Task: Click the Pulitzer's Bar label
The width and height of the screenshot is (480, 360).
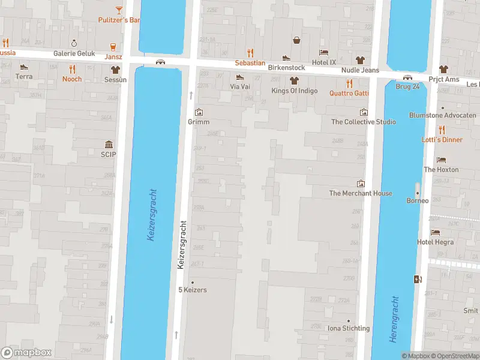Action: (x=119, y=20)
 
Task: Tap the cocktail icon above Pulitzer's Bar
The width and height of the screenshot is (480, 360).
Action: (x=119, y=9)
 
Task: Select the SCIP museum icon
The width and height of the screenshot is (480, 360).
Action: (x=109, y=144)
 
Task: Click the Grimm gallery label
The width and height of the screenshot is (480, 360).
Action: (x=199, y=122)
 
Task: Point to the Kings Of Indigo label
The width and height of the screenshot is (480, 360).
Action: (x=294, y=91)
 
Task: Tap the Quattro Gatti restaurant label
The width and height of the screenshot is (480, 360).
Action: (x=349, y=93)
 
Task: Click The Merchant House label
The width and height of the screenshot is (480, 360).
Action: (x=361, y=193)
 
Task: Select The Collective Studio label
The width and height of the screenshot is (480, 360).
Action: (x=364, y=122)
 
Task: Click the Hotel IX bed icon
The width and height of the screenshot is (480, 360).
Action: (x=323, y=52)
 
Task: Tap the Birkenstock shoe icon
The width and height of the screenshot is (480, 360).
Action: (x=286, y=58)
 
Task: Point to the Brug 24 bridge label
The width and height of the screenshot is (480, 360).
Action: (x=408, y=87)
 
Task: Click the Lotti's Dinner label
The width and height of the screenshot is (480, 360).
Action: (x=442, y=140)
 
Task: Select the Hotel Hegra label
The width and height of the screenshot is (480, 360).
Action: (x=436, y=242)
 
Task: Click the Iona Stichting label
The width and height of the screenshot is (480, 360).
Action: (x=348, y=328)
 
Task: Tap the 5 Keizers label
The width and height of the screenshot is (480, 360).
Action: (x=193, y=290)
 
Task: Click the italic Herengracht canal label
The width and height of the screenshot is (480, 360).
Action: (x=394, y=327)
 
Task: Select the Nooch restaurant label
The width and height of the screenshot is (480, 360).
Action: (x=72, y=79)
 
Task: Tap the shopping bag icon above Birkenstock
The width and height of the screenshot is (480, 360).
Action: (x=296, y=40)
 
